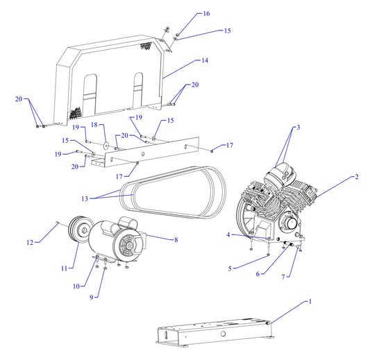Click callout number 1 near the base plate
point(310,301)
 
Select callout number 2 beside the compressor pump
point(356,177)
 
